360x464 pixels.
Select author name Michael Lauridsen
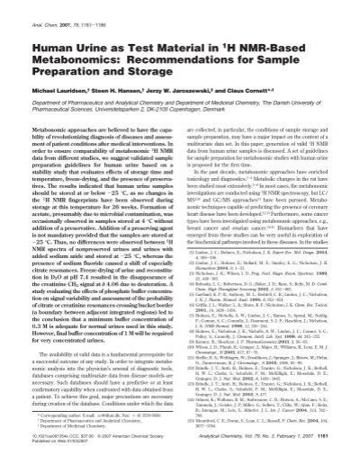point(60,92)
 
